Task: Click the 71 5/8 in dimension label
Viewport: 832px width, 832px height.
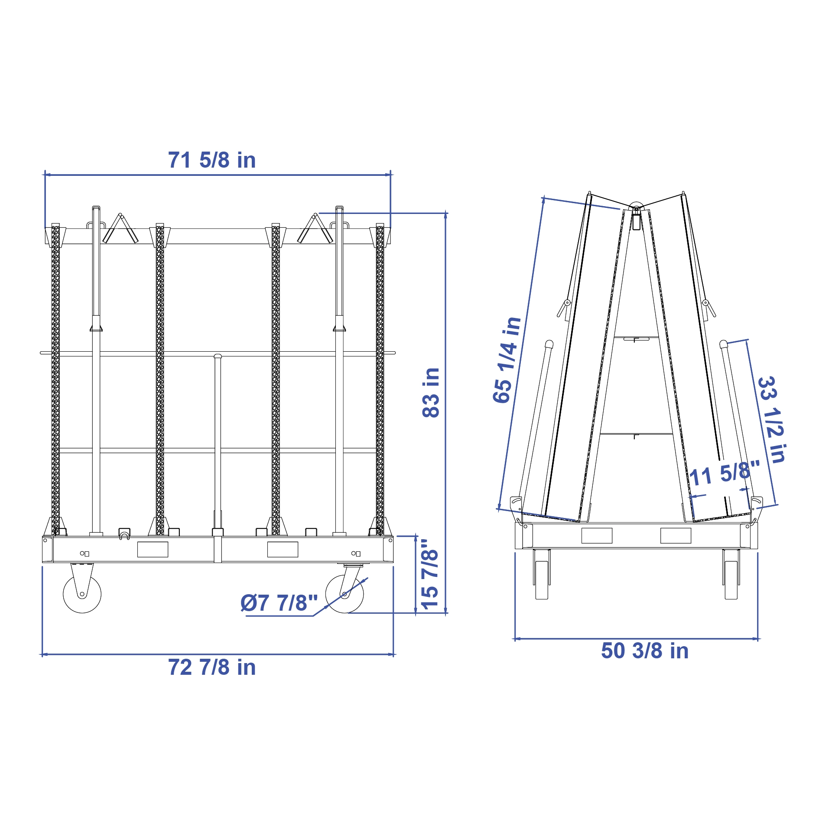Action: tap(212, 160)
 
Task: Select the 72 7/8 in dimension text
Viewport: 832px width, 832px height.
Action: tap(212, 667)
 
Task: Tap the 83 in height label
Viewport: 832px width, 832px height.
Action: tap(431, 392)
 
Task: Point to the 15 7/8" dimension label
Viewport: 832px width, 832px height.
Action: tap(430, 574)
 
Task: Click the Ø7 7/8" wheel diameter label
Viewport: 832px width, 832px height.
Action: tap(279, 603)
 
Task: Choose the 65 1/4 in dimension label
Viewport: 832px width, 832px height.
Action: tap(507, 360)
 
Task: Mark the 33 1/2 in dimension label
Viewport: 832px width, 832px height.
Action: tap(772, 419)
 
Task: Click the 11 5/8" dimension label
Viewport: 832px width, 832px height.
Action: tap(725, 473)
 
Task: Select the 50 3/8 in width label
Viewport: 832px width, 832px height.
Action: tap(645, 651)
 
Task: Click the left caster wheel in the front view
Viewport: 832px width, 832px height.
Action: tap(82, 594)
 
